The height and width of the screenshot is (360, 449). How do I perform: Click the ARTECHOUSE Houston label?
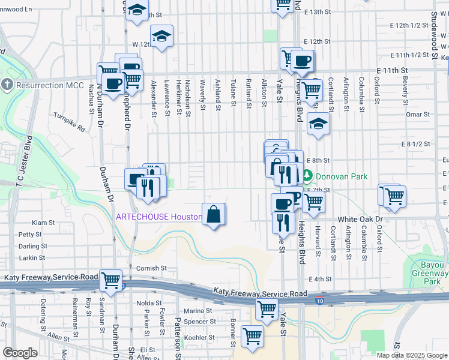[157, 217]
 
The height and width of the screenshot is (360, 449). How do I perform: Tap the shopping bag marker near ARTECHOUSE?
[214, 214]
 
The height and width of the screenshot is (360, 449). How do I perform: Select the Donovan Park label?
[343, 176]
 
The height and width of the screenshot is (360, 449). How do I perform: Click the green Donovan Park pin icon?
[307, 176]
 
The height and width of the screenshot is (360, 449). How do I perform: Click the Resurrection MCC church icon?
[7, 85]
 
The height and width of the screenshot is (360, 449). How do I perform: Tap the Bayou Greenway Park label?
[429, 272]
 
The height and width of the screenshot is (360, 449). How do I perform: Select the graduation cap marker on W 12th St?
[160, 37]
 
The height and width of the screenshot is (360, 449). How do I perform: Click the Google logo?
[20, 353]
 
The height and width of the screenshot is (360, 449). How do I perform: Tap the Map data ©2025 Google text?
[411, 355]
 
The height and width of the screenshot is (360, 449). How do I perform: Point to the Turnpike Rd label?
[70, 122]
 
